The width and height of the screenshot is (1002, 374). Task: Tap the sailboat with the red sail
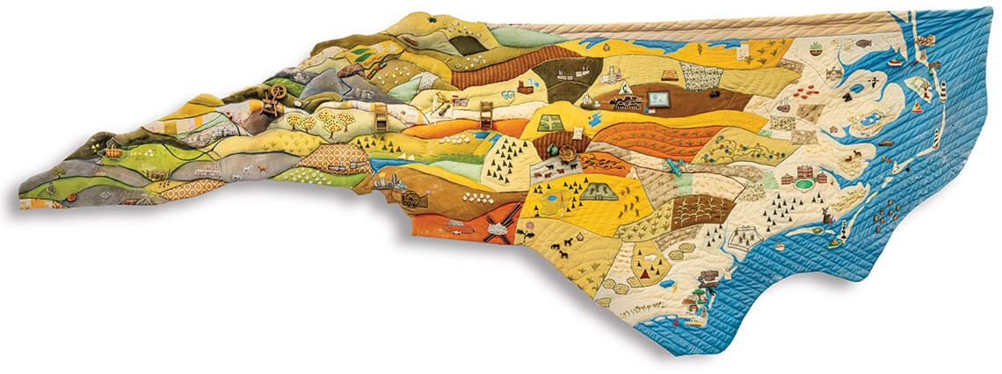click(917, 106)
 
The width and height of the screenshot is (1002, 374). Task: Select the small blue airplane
click(674, 165)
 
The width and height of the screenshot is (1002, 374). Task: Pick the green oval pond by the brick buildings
click(803, 184)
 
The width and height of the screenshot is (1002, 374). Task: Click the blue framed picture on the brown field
click(657, 99)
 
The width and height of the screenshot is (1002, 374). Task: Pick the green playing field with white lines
click(550, 123)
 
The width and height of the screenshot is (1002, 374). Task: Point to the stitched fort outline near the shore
click(744, 236)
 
